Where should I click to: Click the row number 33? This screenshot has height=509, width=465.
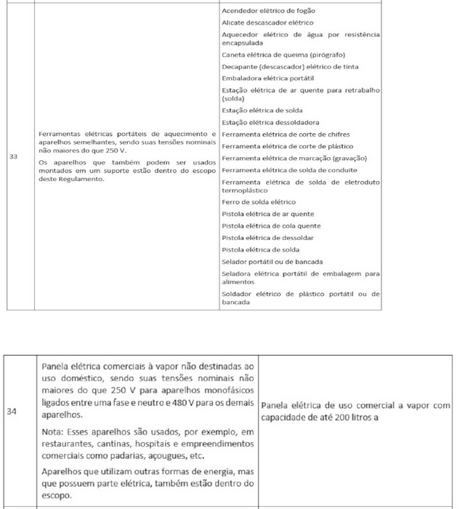pos(13,156)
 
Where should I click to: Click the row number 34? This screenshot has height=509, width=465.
pos(12,411)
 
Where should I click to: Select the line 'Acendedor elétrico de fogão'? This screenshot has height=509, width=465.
pos(268,10)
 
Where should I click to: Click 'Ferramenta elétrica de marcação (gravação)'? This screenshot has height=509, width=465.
pos(294,158)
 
